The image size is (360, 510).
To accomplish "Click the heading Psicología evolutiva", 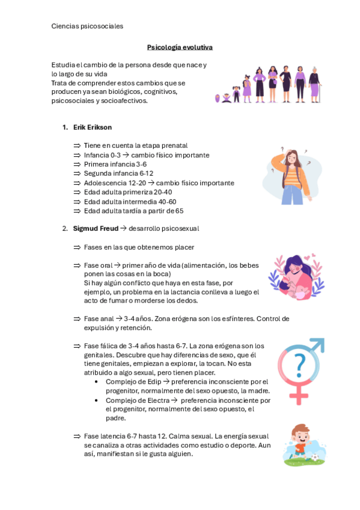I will (180, 47).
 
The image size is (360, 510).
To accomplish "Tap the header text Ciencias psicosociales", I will (87, 26).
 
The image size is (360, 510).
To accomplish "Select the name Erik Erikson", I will (92, 127).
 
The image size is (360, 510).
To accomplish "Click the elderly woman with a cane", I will (314, 85).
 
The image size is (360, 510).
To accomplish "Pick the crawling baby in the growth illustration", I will (226, 97).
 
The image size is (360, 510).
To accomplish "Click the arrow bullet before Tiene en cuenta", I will (77, 146).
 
